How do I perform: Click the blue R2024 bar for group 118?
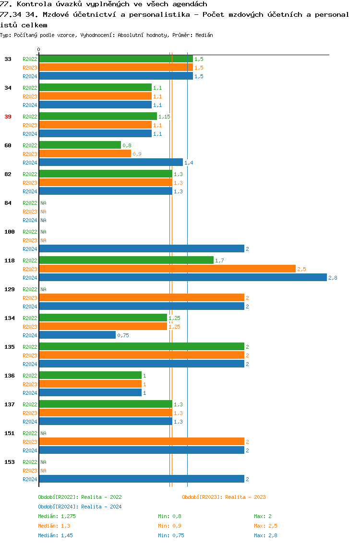pyautogui.click(x=182, y=278)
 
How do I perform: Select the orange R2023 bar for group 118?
pyautogui.click(x=167, y=269)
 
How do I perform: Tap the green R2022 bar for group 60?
pyautogui.click(x=80, y=145)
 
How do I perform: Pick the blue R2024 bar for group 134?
pyautogui.click(x=77, y=335)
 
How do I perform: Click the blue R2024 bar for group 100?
pyautogui.click(x=142, y=249)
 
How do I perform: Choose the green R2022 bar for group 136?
pyautogui.click(x=90, y=376)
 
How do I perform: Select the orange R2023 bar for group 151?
pyautogui.click(x=142, y=442)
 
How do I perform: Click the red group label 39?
pyautogui.click(x=8, y=117)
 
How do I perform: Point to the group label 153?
pyautogui.click(x=10, y=462)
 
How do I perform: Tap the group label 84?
pyautogui.click(x=8, y=203)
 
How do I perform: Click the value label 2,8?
pyautogui.click(x=333, y=278)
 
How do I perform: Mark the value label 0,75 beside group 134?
pyautogui.click(x=123, y=335)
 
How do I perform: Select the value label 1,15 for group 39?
pyautogui.click(x=164, y=117)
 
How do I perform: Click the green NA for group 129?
pyautogui.click(x=43, y=289)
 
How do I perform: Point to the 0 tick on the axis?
pyautogui.click(x=39, y=49)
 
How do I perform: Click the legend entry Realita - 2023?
pyautogui.click(x=224, y=497)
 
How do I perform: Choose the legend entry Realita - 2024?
pyautogui.click(x=80, y=507)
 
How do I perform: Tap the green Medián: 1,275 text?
pyautogui.click(x=57, y=516)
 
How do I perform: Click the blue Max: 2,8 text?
pyautogui.click(x=265, y=535)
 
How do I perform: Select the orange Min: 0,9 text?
pyautogui.click(x=169, y=526)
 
